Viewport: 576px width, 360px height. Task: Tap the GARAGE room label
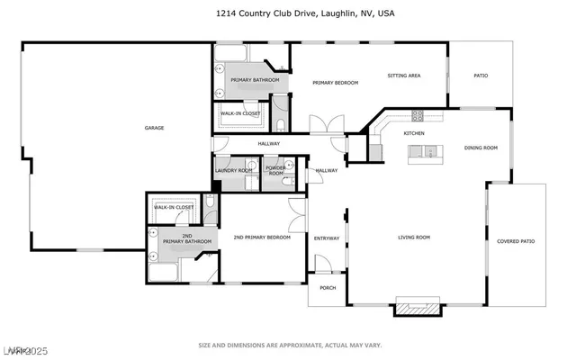pos(154,128)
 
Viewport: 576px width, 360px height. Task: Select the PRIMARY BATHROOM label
pos(255,80)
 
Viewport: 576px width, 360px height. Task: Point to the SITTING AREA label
pos(404,76)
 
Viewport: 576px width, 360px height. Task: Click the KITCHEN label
pos(414,133)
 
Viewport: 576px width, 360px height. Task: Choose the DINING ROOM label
pos(481,148)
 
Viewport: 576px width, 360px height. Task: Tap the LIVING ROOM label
pos(415,238)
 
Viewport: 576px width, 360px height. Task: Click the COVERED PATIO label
pos(516,240)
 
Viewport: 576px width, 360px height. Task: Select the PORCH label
pos(328,288)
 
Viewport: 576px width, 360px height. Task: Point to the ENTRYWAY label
pos(326,238)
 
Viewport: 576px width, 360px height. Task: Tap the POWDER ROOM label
pos(275,171)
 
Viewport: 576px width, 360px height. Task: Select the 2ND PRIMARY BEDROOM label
pos(262,238)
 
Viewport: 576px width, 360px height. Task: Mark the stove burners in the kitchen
pos(417,114)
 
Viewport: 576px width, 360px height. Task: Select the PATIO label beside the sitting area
pos(481,76)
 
